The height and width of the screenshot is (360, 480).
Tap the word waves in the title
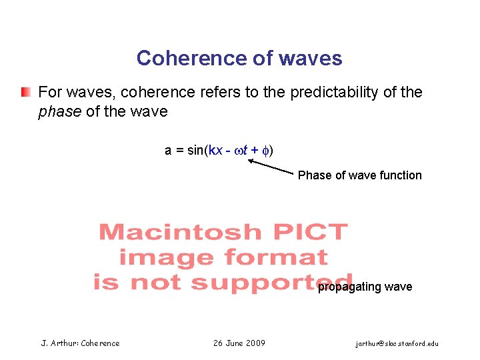311,59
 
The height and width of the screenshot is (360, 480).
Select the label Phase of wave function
359,175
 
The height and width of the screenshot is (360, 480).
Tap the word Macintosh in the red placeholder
180,232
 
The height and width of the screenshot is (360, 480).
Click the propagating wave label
365,287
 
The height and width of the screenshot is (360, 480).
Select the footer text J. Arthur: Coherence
81,343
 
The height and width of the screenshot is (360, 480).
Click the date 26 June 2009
239,343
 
